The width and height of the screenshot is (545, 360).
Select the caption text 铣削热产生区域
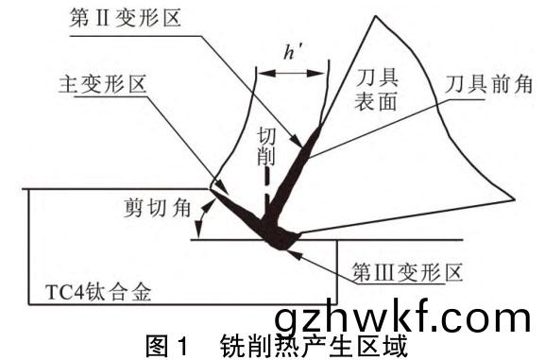pyautogui.click(x=314, y=346)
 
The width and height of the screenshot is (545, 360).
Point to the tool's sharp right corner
pyautogui.click(x=515, y=199)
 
